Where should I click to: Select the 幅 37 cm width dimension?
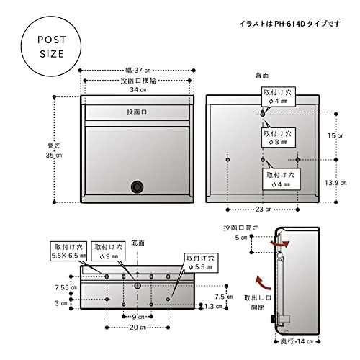(x=136, y=70)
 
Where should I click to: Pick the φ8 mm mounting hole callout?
(x=279, y=138)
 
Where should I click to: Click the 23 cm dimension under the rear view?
(x=263, y=210)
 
